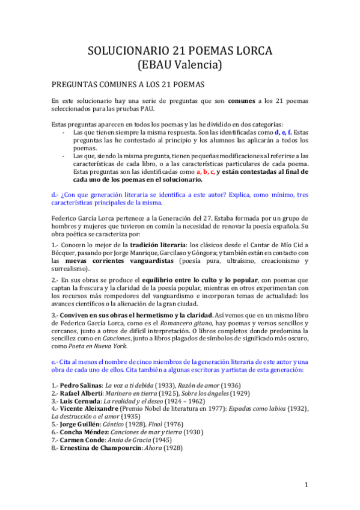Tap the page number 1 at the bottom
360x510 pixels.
[306, 485]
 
